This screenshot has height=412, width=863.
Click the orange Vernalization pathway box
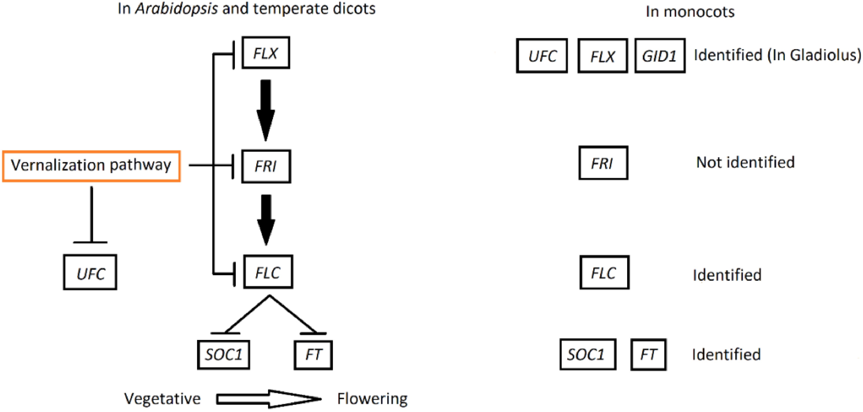click(x=91, y=166)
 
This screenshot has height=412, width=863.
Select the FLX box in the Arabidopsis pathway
click(x=266, y=53)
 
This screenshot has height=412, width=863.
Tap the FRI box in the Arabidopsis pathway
click(x=266, y=166)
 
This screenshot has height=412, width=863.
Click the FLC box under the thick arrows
click(x=268, y=272)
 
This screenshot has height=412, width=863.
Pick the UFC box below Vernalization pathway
click(x=90, y=272)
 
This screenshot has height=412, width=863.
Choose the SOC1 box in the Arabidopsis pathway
click(x=223, y=355)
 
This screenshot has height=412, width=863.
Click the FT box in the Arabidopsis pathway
click(x=313, y=355)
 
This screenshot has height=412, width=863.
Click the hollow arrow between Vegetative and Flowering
click(x=268, y=399)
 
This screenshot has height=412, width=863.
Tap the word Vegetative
click(x=162, y=399)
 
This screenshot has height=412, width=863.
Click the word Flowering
click(x=372, y=399)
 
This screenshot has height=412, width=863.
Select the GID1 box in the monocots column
click(x=660, y=56)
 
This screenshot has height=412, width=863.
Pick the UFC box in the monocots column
click(x=542, y=56)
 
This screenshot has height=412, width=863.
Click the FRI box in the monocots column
click(x=603, y=163)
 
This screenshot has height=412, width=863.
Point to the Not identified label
click(x=745, y=163)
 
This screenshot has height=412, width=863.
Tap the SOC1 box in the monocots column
click(x=588, y=354)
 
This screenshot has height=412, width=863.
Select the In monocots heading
click(x=690, y=12)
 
